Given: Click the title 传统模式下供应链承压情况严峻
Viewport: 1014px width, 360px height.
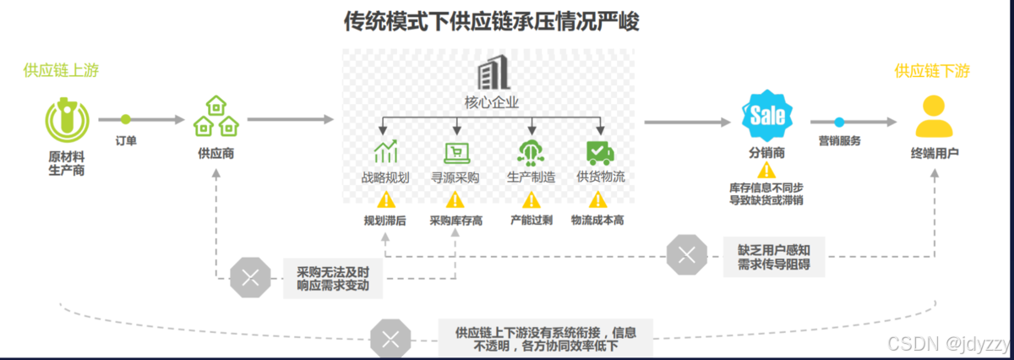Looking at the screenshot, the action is tap(491, 21).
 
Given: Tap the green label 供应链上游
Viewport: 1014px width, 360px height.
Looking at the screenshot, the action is tap(61, 70).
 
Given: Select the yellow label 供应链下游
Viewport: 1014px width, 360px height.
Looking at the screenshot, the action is tap(932, 71).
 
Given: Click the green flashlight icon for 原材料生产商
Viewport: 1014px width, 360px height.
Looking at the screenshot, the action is tap(66, 120).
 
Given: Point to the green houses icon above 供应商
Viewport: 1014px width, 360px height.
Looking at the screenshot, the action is tap(216, 116).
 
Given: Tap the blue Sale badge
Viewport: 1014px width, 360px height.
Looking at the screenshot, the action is tap(767, 116).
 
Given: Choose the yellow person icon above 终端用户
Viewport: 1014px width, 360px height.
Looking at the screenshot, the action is tap(935, 117).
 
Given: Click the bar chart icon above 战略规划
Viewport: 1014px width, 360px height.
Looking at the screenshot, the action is tap(385, 152).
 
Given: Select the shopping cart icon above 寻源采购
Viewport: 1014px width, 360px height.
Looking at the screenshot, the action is tap(456, 152).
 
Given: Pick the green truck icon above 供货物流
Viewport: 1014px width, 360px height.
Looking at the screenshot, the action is tap(600, 152).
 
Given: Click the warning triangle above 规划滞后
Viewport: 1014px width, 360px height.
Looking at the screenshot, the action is tap(385, 199).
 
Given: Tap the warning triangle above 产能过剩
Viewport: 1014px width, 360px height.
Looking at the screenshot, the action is tap(531, 199).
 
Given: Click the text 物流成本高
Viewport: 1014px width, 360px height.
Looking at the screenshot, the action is tap(597, 221).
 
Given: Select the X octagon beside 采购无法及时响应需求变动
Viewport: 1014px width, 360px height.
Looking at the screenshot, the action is tap(250, 276).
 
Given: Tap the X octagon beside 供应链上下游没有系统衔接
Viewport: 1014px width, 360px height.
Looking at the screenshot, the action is tap(390, 339).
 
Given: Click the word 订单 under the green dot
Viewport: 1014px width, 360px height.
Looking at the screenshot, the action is tap(126, 140).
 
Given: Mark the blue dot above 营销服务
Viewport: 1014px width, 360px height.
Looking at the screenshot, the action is tap(839, 123).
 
